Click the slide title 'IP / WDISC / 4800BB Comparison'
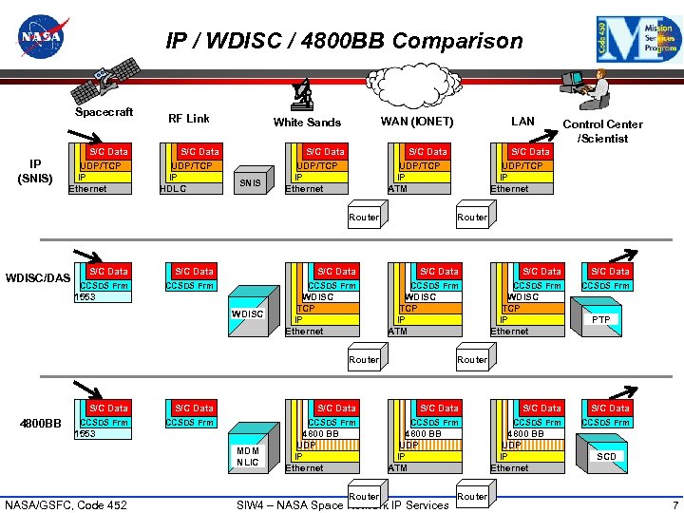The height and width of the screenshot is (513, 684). click(x=344, y=41)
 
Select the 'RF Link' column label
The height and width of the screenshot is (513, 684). click(x=188, y=119)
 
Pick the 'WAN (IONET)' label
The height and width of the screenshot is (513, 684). click(x=417, y=122)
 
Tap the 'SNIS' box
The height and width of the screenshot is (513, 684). click(x=250, y=182)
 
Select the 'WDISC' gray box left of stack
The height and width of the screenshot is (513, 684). click(x=248, y=313)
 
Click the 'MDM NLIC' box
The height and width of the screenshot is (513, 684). click(x=248, y=456)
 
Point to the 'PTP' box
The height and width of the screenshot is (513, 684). click(x=601, y=320)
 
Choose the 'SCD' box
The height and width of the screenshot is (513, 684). click(x=606, y=457)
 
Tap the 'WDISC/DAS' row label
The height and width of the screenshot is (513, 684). click(x=37, y=277)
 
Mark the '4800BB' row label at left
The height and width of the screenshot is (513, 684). click(x=41, y=423)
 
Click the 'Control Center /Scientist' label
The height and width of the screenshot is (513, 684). click(x=602, y=131)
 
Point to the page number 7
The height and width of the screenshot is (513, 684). click(x=674, y=504)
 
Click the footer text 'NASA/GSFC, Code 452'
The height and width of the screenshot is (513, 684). click(x=66, y=504)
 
